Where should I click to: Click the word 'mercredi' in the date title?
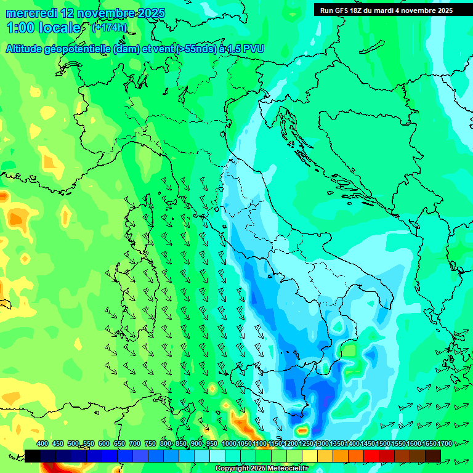click(31, 13)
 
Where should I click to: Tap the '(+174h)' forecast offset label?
click(110, 28)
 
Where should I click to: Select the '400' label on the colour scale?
click(42, 444)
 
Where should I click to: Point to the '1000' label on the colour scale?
click(228, 444)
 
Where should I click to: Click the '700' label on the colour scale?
click(135, 444)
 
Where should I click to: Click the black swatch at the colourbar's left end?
click(33, 456)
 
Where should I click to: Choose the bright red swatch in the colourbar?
click(371, 456)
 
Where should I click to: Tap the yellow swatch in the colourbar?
click(310, 456)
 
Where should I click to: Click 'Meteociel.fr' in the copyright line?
click(284, 469)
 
